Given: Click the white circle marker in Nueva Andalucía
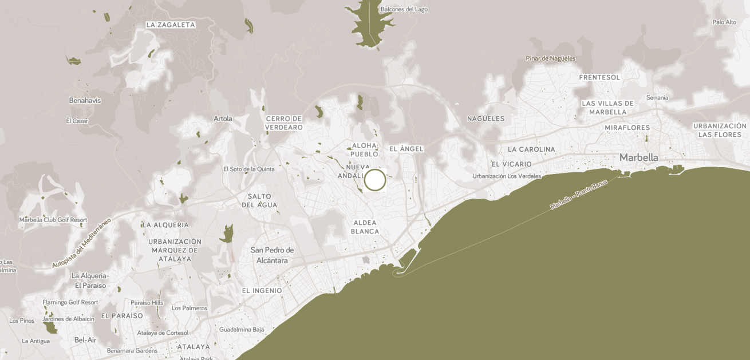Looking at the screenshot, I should click(x=375, y=180).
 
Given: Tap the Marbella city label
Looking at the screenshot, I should click(x=638, y=157).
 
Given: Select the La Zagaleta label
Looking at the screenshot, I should click(x=171, y=25).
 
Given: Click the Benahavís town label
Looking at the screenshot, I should click(x=85, y=100).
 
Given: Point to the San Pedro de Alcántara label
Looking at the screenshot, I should click(x=272, y=255).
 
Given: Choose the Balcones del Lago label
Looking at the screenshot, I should click(x=404, y=9).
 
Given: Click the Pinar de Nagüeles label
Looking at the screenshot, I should click(x=550, y=58).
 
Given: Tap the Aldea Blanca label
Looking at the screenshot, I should click(x=365, y=227).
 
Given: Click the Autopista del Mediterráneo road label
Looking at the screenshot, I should click(x=81, y=243).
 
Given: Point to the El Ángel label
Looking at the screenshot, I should click(x=406, y=149).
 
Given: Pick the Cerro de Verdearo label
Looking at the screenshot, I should click(x=283, y=122).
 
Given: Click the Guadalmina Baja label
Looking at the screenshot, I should click(x=242, y=330).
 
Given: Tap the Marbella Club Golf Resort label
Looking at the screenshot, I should click(x=53, y=220).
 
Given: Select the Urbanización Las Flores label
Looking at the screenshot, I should click(x=720, y=130).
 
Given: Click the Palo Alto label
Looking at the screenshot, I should click(x=724, y=22).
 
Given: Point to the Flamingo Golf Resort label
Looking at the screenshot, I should click(x=70, y=302).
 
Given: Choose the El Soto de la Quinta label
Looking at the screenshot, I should click(x=248, y=169).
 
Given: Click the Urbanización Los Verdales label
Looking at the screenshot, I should click(x=507, y=176).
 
